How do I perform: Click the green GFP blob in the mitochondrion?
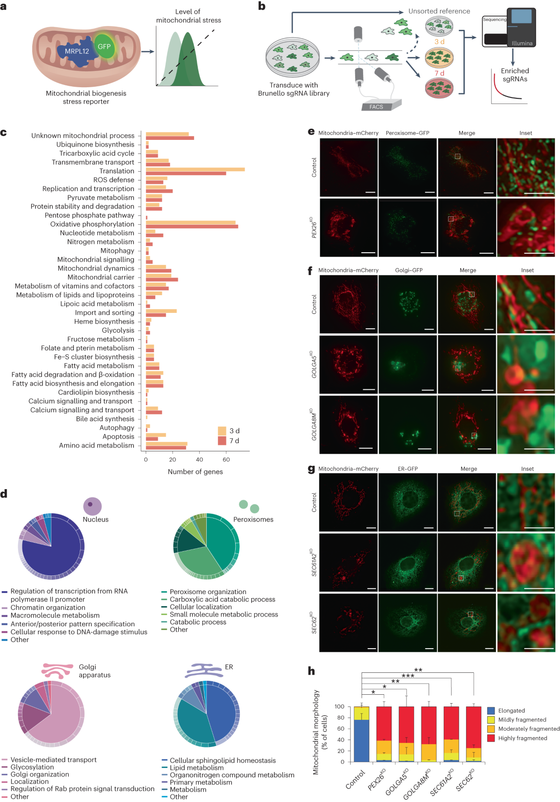(104, 47)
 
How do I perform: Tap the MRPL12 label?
(77, 51)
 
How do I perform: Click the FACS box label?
(376, 107)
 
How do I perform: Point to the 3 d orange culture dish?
(439, 58)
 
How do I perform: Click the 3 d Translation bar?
(195, 169)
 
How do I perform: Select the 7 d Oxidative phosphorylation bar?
(192, 227)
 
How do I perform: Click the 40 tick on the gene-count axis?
(199, 459)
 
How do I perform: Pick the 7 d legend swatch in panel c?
(222, 441)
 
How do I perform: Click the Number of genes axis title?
(195, 472)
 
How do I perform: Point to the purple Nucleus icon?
(92, 506)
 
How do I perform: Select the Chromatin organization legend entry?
(48, 608)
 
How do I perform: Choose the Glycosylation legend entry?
(32, 767)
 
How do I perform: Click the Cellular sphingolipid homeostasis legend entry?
(223, 761)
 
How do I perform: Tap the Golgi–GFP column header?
(409, 270)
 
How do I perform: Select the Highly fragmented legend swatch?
(491, 738)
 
